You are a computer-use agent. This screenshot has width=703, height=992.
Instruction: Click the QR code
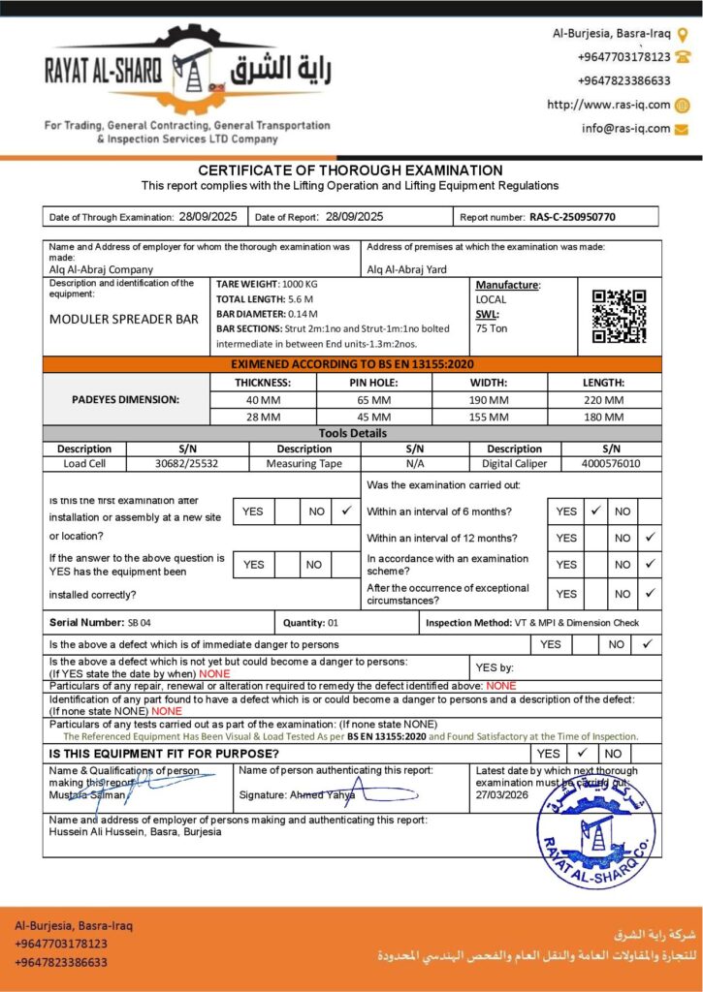tap(619, 316)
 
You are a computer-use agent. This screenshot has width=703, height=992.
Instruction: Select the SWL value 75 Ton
tap(493, 327)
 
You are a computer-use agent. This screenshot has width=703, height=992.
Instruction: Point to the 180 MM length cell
tap(603, 417)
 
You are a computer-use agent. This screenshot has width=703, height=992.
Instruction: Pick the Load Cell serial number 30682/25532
tap(187, 464)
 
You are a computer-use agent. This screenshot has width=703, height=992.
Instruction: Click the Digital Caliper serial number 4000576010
tap(611, 464)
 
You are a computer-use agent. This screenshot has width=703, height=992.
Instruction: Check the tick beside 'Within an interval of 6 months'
tap(595, 510)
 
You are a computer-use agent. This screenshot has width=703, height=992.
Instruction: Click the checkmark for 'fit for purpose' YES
tap(582, 752)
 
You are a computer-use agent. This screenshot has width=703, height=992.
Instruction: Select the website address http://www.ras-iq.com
tap(609, 105)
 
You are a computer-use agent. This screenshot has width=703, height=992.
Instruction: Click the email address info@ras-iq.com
tap(625, 128)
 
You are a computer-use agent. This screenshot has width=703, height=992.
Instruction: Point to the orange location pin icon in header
tap(683, 34)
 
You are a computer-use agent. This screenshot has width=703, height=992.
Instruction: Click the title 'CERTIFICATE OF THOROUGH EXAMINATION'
tap(350, 170)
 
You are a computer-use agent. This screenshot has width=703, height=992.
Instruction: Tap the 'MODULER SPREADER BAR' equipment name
tap(124, 318)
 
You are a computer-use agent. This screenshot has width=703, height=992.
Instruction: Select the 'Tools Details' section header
tap(352, 433)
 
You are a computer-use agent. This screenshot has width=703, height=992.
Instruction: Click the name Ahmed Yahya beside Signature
tap(323, 794)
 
